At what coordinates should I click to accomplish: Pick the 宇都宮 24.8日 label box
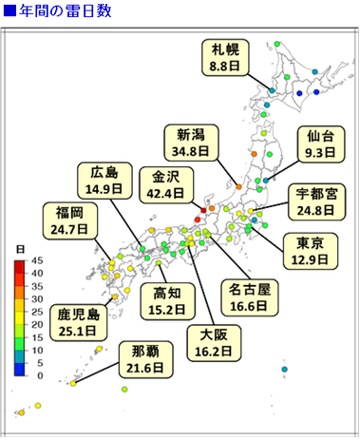tap(314, 201)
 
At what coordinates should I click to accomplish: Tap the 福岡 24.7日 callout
tap(70, 220)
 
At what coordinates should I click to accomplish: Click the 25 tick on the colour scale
tap(37, 312)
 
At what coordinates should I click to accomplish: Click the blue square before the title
tap(9, 12)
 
